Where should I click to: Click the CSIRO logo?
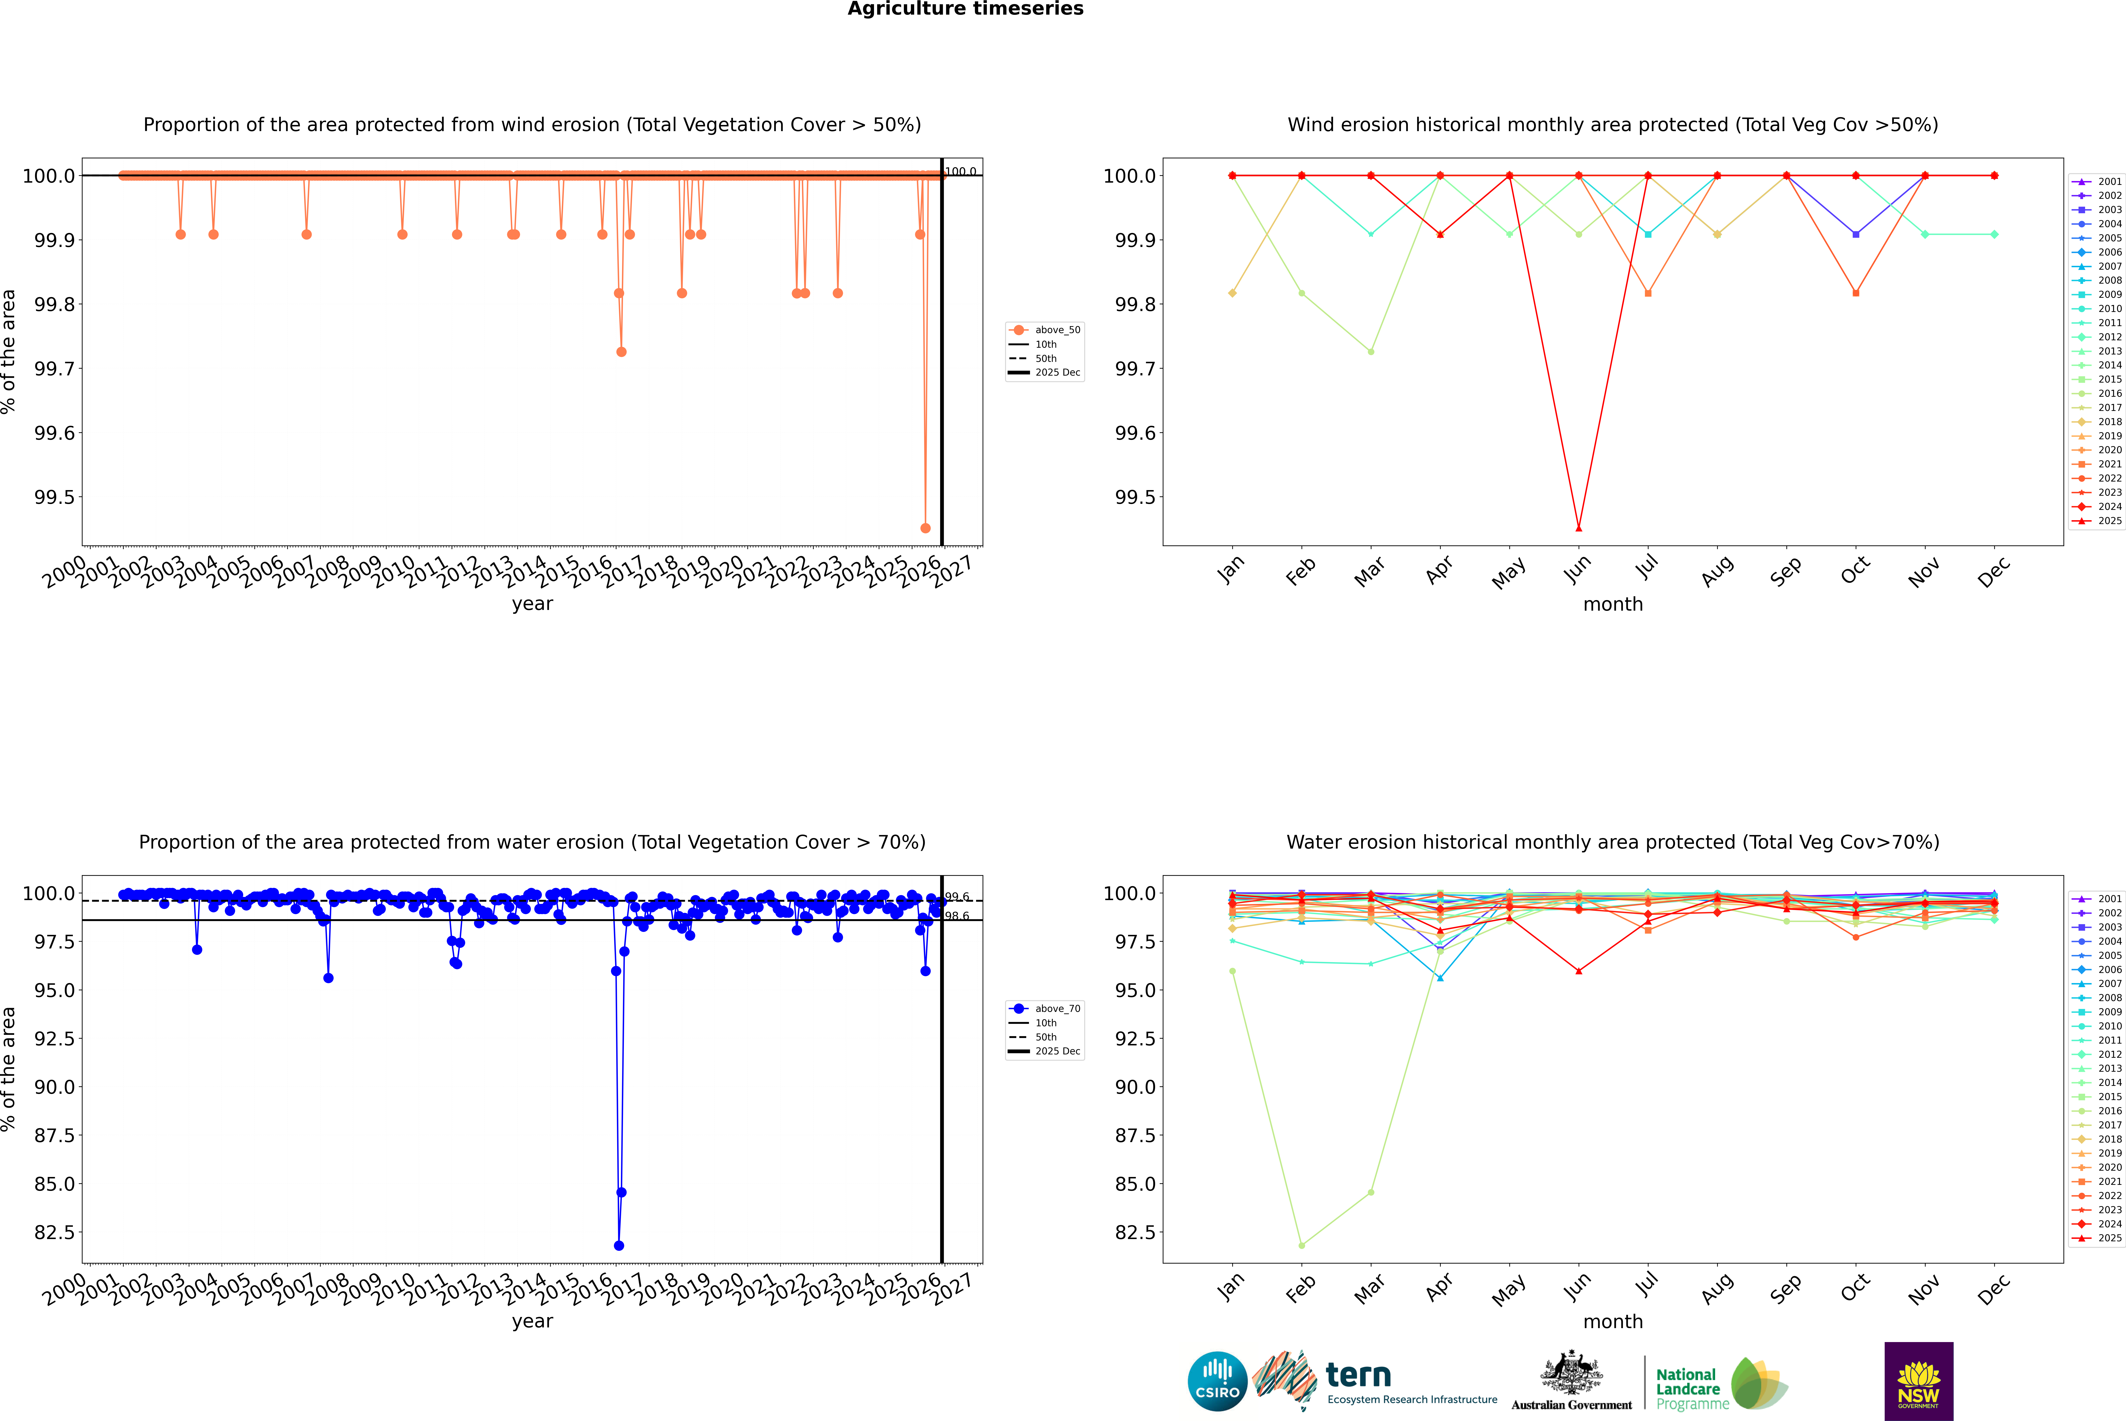click(1217, 1381)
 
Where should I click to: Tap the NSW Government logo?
click(1918, 1381)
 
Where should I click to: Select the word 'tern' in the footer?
click(1358, 1375)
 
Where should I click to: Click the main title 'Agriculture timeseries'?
click(965, 9)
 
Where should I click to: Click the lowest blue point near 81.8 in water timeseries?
click(619, 1245)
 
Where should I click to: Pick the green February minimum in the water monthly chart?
click(1301, 1245)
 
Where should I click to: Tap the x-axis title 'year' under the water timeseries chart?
click(532, 1321)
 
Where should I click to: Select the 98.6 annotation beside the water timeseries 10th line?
click(957, 916)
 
